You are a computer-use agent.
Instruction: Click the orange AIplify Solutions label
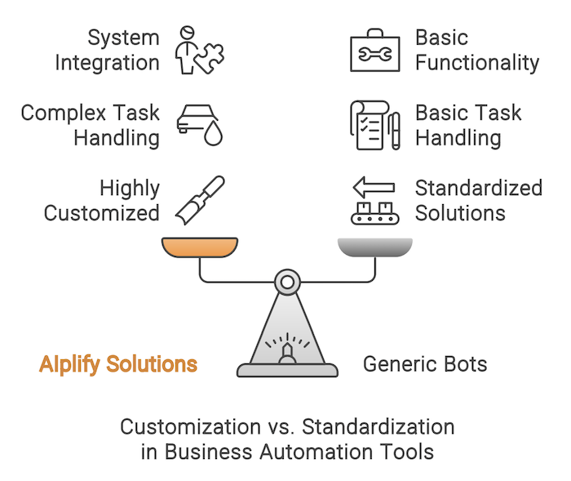tap(118, 363)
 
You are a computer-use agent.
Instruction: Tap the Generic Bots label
tap(425, 363)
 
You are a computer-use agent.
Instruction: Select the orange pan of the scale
tap(200, 247)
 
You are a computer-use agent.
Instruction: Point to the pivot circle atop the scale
tap(286, 283)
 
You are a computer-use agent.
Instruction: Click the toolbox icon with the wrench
tap(374, 51)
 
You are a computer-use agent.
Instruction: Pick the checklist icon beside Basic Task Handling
tap(369, 125)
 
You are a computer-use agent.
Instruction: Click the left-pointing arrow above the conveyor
tap(374, 188)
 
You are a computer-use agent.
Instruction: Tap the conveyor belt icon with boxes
tap(375, 214)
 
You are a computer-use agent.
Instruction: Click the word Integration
tap(108, 62)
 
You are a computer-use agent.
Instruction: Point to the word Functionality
tap(477, 62)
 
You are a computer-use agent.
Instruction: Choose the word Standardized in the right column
tap(479, 188)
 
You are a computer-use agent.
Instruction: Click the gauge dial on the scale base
tap(286, 347)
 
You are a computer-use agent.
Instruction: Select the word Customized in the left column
tap(102, 213)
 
